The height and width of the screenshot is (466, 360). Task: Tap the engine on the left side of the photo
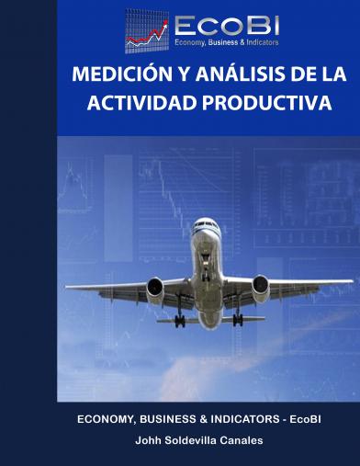[x=154, y=290]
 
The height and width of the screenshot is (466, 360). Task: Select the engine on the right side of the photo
[x=261, y=288]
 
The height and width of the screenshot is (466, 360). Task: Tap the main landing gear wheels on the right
[x=238, y=319]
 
